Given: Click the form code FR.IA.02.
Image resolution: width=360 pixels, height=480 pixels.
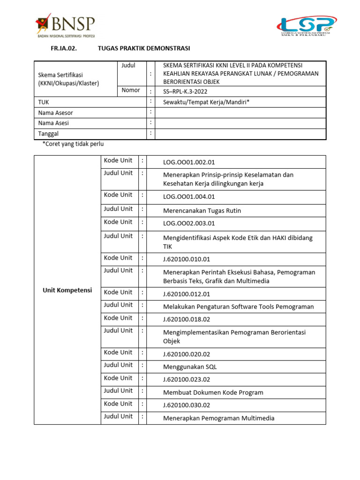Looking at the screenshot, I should click(x=64, y=48).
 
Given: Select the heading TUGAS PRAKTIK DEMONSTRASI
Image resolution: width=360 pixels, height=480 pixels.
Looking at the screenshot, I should click(x=144, y=48).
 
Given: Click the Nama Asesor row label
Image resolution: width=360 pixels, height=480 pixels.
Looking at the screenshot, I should click(x=55, y=113).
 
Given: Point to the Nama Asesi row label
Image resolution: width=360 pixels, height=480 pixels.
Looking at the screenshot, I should click(x=53, y=123).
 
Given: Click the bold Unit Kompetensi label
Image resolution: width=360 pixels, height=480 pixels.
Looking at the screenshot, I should click(x=67, y=290).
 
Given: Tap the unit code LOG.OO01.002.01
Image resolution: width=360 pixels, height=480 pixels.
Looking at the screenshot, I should click(x=188, y=162).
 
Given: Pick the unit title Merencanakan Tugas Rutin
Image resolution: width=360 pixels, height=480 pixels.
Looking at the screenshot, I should click(x=202, y=210).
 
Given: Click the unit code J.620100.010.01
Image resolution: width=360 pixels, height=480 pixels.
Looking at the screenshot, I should click(x=187, y=259).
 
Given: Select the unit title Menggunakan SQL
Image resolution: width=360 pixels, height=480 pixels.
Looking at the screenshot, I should click(x=190, y=367).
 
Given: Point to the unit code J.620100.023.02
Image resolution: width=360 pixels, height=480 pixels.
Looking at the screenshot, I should click(x=187, y=380).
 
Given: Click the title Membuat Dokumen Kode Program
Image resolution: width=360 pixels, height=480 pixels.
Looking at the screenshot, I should click(x=213, y=392).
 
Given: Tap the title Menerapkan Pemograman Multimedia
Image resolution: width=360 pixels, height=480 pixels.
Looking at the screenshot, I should click(x=218, y=418).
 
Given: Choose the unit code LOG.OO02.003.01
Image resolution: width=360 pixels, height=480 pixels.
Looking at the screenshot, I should click(x=188, y=224).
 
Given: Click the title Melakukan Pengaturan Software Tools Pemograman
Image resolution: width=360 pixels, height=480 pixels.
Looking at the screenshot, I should click(x=238, y=307).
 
